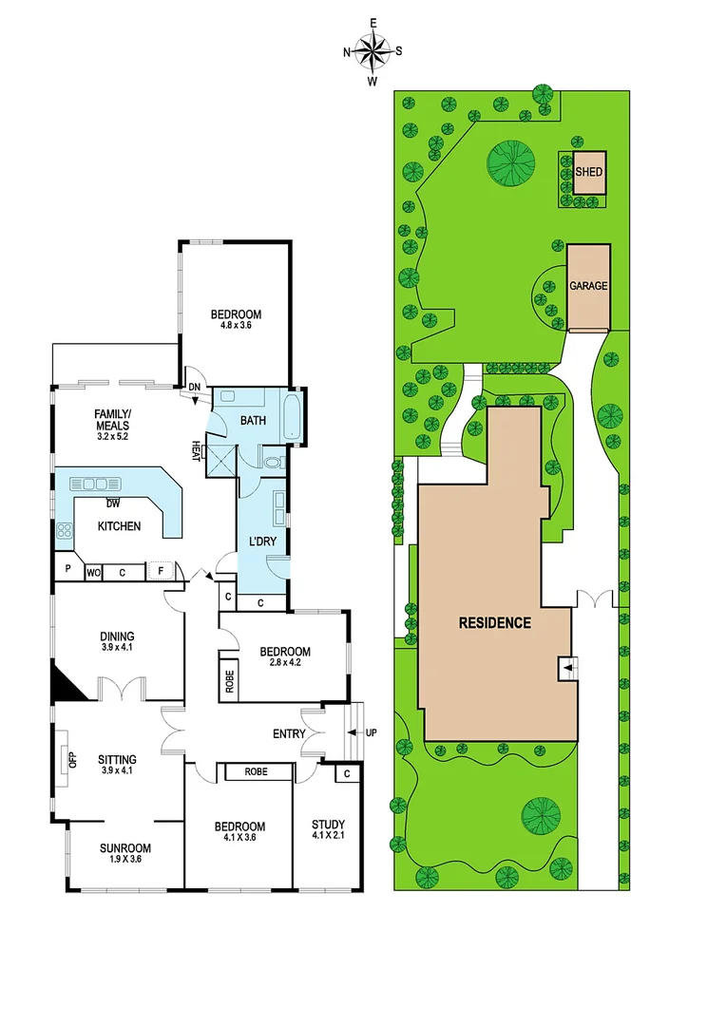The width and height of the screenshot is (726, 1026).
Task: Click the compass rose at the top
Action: [373, 51]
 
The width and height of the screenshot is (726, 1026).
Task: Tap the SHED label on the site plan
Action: [588, 173]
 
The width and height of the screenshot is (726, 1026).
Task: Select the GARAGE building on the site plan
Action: [588, 285]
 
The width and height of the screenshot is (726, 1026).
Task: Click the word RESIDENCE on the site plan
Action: [494, 623]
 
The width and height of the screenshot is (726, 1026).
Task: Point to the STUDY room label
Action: [328, 825]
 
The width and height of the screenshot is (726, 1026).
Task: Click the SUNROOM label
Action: [125, 848]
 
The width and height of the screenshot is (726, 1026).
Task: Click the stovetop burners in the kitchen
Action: [66, 532]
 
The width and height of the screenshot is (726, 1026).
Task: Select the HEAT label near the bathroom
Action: [196, 447]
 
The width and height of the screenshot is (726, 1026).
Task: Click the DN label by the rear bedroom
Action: [194, 388]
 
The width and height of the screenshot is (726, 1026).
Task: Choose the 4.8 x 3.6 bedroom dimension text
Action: [236, 328]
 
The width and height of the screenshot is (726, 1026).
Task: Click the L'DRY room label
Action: [262, 541]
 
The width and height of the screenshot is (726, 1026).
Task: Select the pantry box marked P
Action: [68, 572]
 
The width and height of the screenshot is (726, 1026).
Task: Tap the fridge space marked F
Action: [161, 572]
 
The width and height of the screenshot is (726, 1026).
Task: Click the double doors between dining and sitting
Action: [122, 689]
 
